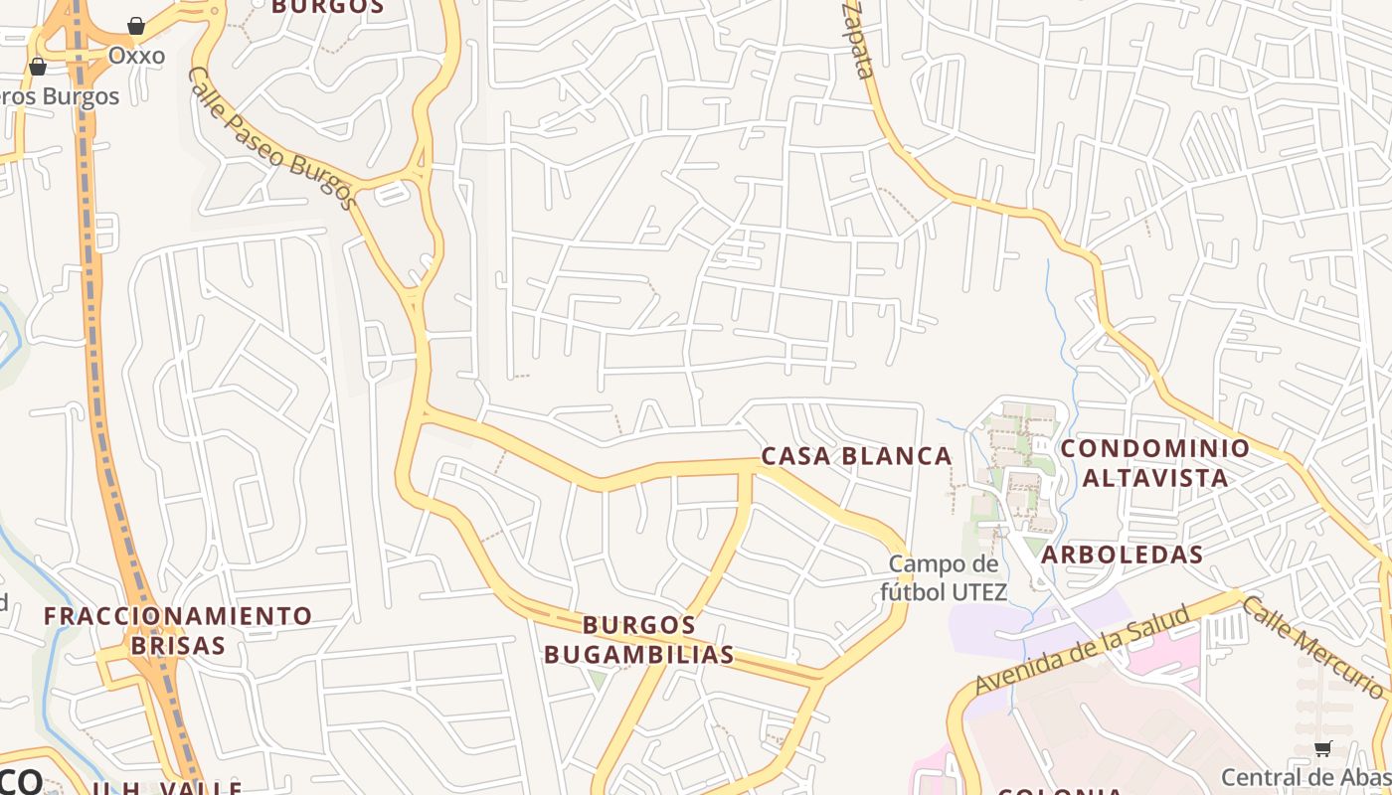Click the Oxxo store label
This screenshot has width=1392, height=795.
136,56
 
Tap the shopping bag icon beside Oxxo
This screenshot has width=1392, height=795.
136,26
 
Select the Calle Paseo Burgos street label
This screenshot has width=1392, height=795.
272,138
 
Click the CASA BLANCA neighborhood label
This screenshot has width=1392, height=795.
856,456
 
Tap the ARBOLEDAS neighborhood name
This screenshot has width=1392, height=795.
1123,555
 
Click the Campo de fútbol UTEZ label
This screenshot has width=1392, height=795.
944,578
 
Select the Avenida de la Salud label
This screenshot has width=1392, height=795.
1082,651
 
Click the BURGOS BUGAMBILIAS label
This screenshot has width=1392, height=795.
639,640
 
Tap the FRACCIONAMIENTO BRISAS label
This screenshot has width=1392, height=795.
178,630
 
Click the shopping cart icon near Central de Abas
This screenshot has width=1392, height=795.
1322,748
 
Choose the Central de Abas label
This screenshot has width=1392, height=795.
1305,777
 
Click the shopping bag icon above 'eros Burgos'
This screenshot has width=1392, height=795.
38,67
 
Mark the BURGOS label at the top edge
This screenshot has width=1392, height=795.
327,6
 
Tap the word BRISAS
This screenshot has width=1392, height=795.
178,645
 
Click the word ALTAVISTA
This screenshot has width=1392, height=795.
1155,478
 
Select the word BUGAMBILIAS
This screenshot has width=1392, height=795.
639,655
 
